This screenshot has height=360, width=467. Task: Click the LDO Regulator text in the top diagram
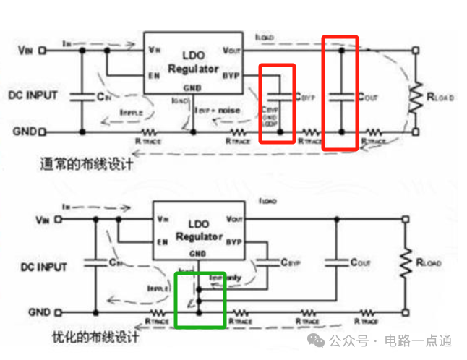coord(192,63)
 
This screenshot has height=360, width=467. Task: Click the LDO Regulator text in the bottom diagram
coord(199,231)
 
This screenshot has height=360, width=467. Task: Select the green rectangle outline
coord(201,299)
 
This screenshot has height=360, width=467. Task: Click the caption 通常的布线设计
coord(87,164)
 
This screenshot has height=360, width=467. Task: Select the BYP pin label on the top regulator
coord(231,74)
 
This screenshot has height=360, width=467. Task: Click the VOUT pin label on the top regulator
coord(231,50)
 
